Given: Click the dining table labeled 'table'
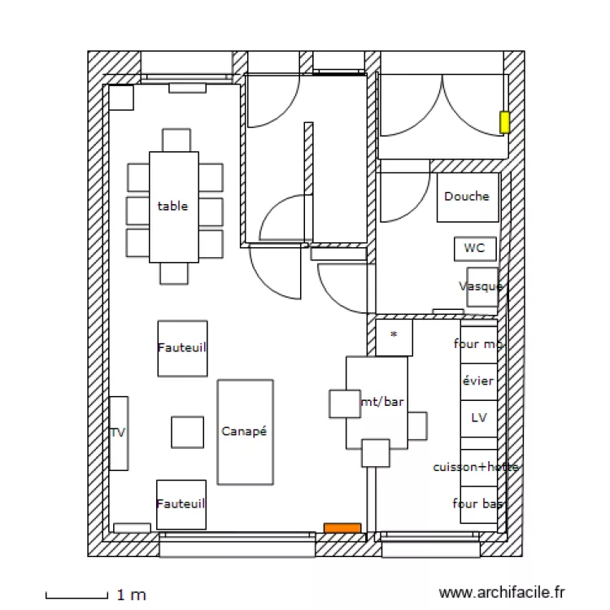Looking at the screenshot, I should (174, 207).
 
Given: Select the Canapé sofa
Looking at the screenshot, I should (245, 432).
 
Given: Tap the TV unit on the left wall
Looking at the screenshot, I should (119, 433).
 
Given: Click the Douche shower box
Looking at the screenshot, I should (468, 197).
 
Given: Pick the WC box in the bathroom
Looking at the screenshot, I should (475, 248).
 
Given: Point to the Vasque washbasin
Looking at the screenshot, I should (481, 286).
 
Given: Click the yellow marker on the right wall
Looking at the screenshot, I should (504, 123).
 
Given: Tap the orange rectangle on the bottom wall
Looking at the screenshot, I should (342, 528).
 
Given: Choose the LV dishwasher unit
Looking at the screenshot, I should (478, 418).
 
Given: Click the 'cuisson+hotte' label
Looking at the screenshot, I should (476, 467).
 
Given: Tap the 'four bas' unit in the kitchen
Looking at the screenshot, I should (478, 504).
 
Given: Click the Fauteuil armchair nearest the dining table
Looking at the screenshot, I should (182, 347).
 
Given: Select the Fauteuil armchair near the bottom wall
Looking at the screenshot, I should (181, 504).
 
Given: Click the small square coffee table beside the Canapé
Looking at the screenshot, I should (187, 432).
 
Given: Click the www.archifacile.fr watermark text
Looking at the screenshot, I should (501, 594).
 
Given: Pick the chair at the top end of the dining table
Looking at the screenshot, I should (176, 139).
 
